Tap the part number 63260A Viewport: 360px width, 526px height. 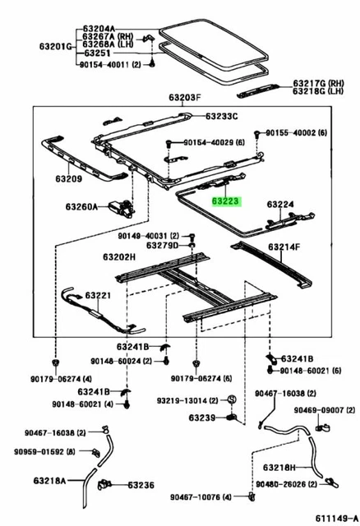coord(81,206)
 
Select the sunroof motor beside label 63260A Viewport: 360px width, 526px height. coord(121,207)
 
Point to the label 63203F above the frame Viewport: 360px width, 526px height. coord(185,98)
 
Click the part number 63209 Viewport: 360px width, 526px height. coord(69,179)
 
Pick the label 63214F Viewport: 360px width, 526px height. coord(284,247)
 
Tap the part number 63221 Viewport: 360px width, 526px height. coord(98,295)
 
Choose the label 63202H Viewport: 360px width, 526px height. coord(119,257)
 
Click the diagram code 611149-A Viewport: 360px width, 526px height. coord(336,517)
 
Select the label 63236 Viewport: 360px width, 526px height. coord(141,485)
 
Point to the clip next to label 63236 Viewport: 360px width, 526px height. coord(104,485)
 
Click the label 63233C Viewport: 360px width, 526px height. coord(222,117)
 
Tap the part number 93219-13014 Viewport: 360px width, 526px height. coord(182,400)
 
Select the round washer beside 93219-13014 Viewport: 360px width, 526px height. coord(232,399)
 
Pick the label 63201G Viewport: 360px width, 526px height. coord(56,46)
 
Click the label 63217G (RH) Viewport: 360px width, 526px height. coord(318,83)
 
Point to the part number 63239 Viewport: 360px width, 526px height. coord(202,418)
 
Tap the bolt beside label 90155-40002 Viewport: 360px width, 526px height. coord(257,133)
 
